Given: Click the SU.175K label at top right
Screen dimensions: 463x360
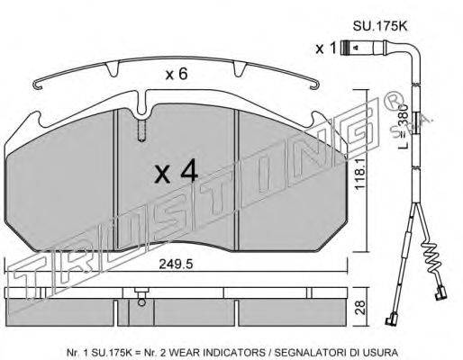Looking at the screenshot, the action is tap(379, 26).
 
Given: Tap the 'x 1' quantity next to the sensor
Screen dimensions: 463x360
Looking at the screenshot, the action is tap(325, 48).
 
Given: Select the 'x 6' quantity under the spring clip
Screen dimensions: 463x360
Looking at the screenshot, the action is tap(177, 74).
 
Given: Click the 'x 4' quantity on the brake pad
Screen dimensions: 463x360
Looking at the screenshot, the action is tap(176, 171).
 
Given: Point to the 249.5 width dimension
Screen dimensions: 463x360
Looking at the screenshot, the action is tap(176, 265).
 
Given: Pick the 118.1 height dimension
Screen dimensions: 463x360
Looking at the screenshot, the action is tap(360, 174).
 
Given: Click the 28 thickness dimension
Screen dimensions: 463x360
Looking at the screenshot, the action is tap(360, 307).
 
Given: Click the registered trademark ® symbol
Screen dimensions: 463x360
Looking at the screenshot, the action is tap(393, 102).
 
